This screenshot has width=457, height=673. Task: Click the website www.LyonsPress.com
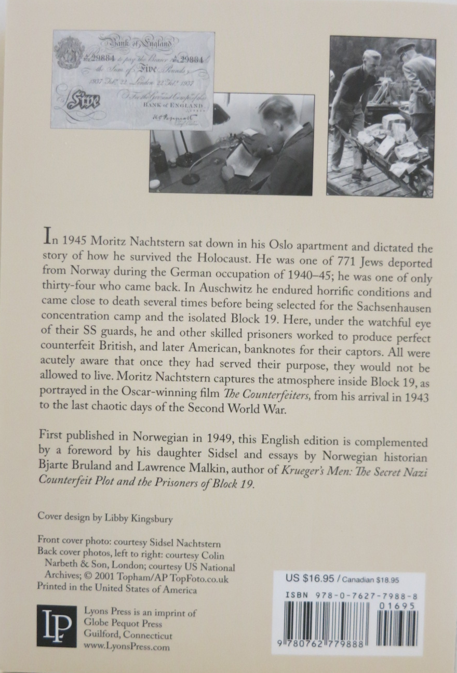point(126,647)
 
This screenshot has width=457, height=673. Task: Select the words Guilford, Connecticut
point(128,636)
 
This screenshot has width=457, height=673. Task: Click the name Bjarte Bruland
point(72,470)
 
